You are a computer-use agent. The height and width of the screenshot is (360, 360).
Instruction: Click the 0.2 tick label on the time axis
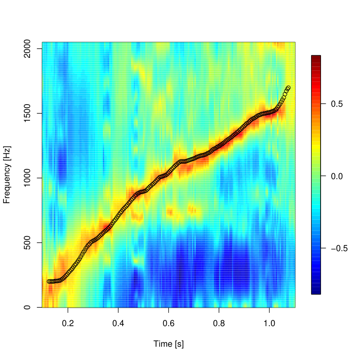[68, 323]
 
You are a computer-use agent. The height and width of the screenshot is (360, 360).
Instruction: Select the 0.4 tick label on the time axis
[118, 323]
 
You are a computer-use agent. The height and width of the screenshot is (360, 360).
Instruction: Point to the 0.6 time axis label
[168, 323]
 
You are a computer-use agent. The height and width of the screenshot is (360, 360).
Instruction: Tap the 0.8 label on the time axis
[219, 323]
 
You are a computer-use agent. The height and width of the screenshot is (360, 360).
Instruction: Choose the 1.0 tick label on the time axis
[269, 323]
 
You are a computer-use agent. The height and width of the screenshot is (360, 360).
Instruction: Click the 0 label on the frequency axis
[27, 307]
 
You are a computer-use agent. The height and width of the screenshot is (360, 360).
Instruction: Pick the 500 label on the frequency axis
[27, 243]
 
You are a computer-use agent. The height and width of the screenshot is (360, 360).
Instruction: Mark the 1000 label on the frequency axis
[27, 178]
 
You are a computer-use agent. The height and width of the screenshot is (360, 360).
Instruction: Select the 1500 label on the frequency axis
[27, 113]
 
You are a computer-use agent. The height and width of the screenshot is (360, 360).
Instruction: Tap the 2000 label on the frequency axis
[27, 49]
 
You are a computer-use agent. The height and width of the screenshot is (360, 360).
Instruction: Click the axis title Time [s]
[168, 344]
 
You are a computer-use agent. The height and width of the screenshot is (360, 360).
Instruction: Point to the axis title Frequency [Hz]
[7, 175]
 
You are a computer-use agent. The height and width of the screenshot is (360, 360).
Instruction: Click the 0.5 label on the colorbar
[336, 104]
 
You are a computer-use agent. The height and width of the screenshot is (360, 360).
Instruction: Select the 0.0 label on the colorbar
[336, 176]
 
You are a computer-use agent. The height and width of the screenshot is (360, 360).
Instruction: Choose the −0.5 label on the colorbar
[339, 248]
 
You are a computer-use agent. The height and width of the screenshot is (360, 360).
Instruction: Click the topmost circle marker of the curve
[288, 88]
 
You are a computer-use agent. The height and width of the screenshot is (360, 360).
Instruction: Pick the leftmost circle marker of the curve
[49, 281]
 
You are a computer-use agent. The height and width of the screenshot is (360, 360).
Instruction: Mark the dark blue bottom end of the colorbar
[316, 292]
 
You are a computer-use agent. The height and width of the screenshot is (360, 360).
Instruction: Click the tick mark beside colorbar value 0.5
[323, 104]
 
